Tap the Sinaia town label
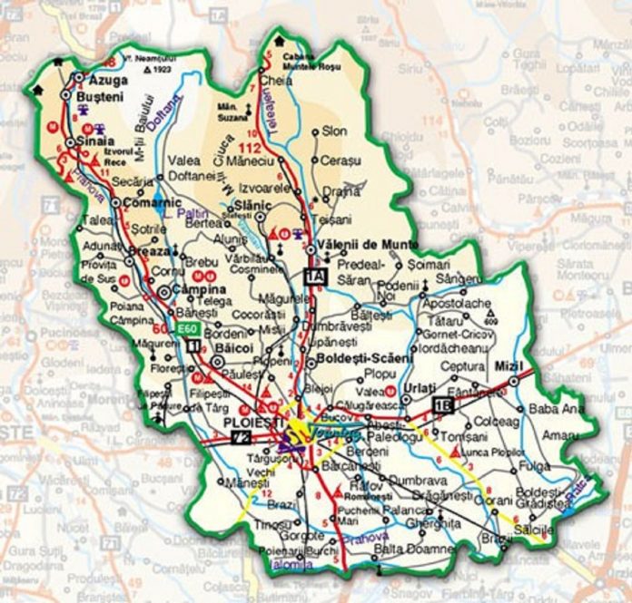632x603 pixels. click(x=94, y=142)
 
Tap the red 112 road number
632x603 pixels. click(x=249, y=149)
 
